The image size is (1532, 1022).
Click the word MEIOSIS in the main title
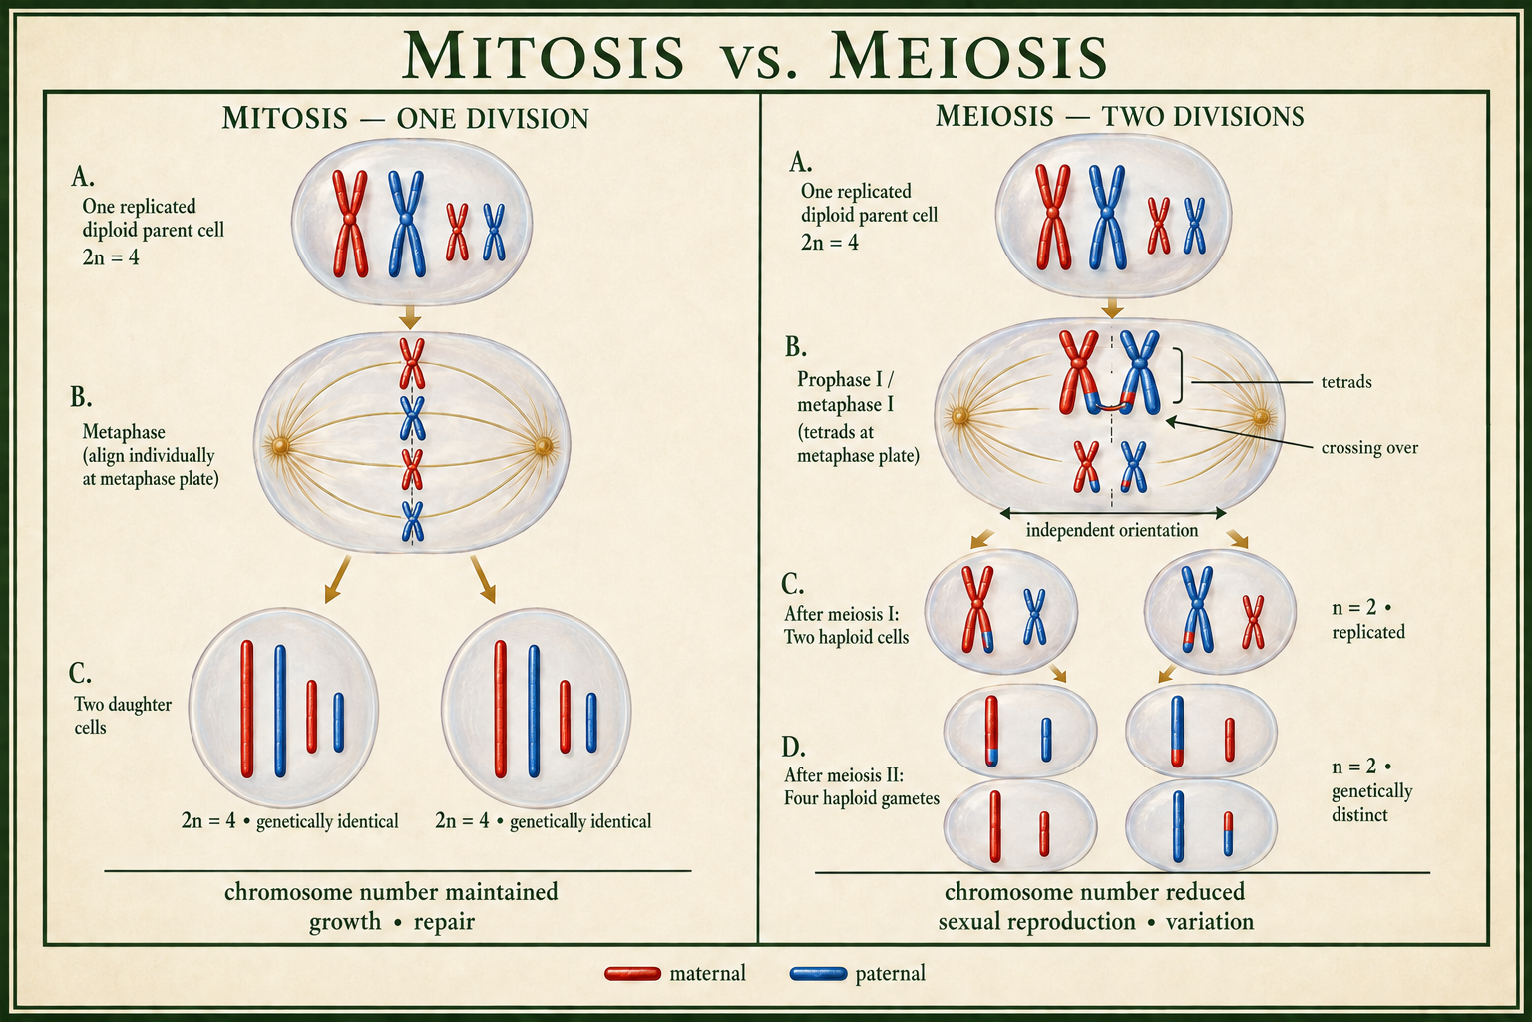967,55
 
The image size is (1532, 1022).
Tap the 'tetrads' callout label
1345,382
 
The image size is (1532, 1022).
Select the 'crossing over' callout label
1369,448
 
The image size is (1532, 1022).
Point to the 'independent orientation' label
1112,530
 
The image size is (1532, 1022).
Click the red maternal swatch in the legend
632,973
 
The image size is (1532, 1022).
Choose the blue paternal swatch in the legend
818,973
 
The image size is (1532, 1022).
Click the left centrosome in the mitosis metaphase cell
279,446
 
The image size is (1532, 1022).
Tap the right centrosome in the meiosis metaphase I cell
1260,416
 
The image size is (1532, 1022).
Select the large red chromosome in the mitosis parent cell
350,224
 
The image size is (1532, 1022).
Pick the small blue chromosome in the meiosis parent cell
1194,226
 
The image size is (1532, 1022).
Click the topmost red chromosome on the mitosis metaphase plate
412,363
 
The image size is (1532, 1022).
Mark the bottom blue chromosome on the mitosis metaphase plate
412,521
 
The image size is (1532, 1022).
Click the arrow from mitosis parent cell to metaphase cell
410,317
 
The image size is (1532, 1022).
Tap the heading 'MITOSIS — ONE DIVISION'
406,119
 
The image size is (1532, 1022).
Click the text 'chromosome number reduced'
1094,892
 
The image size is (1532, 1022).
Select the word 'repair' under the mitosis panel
444,922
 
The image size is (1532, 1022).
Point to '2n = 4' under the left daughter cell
207,820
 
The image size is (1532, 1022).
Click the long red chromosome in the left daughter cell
247,709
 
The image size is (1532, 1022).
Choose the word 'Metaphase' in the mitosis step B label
124,432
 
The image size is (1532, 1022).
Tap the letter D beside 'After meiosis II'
793,747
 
